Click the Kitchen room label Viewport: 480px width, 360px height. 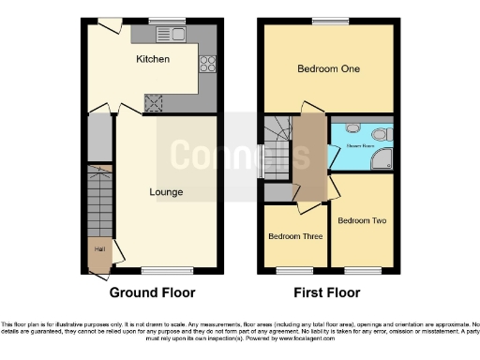point(153,58)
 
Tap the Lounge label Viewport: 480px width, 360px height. point(166,192)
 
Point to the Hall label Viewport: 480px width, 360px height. point(99,249)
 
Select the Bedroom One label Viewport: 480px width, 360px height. point(328,68)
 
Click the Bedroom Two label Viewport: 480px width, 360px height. point(360,221)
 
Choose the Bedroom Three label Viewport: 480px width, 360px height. point(294,235)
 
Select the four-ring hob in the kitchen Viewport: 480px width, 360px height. point(207,65)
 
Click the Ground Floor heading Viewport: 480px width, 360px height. point(154,292)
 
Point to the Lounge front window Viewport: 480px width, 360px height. point(158,272)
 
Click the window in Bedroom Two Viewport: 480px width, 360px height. point(362,272)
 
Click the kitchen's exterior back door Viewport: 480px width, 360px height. point(111,22)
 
